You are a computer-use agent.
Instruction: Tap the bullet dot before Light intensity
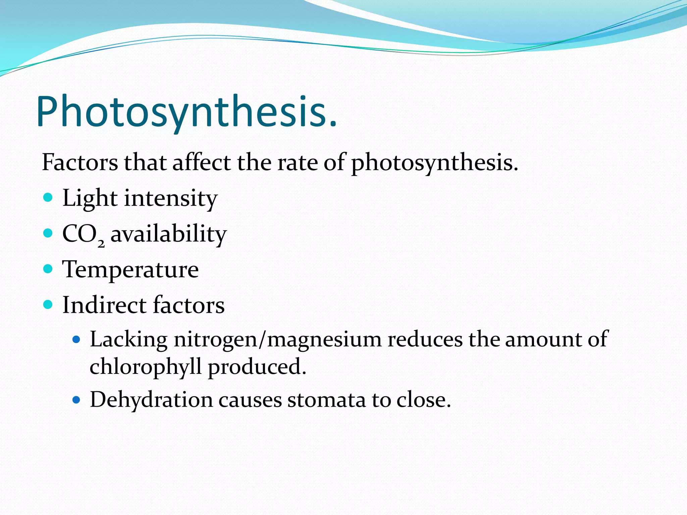coord(48,197)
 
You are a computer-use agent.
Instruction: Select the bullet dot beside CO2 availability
coord(48,233)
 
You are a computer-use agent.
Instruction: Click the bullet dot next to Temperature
coord(48,269)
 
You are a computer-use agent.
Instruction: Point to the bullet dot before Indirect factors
coord(48,304)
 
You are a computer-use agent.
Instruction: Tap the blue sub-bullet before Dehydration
coord(76,400)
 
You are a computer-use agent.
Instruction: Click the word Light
coord(90,198)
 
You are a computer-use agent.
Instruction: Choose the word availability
coord(169,234)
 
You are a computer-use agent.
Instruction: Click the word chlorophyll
coord(146,367)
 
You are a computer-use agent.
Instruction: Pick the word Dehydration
coord(151,400)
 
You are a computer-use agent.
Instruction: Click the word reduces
coord(425,339)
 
